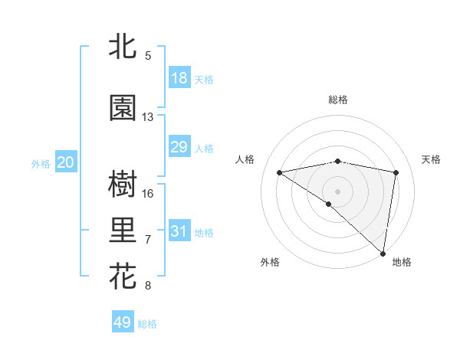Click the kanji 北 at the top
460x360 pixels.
coord(123,46)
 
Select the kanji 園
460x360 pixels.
coord(123,108)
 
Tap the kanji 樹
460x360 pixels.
coord(123,184)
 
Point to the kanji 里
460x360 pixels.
coord(123,230)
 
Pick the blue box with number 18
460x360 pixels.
coord(179,77)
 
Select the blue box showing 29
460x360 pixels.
coord(179,146)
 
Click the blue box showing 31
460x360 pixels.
coord(179,231)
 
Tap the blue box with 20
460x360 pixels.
coord(65,162)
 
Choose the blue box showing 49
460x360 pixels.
coord(123,322)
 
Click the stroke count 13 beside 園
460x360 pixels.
coord(147,117)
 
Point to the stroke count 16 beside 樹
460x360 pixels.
coord(148,194)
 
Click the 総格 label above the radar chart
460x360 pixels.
coord(337,100)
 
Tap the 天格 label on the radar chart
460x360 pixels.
coord(432,159)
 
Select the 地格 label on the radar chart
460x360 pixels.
coord(402,262)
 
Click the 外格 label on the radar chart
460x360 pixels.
coord(270,262)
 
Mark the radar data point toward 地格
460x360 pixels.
coord(383,253)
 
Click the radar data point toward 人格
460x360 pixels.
coord(280,172)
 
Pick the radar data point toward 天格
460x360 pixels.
coord(396,172)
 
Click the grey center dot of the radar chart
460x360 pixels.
coord(337,191)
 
